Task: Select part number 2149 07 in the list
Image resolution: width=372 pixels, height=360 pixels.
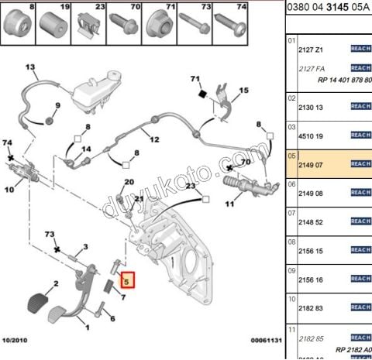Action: click(x=311, y=164)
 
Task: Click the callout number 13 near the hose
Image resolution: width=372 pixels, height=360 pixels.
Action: click(x=32, y=68)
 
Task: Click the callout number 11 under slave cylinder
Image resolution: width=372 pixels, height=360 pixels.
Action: click(x=229, y=205)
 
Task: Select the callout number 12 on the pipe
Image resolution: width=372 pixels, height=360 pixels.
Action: click(x=153, y=140)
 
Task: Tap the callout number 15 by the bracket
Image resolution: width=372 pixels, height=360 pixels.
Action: click(x=243, y=91)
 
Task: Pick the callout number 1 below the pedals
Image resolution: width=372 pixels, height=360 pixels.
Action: click(x=85, y=327)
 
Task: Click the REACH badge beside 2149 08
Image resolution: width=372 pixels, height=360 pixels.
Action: click(x=361, y=193)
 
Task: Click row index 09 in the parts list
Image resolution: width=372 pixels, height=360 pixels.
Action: click(x=292, y=272)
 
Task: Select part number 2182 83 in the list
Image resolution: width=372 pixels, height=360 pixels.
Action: click(x=311, y=308)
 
